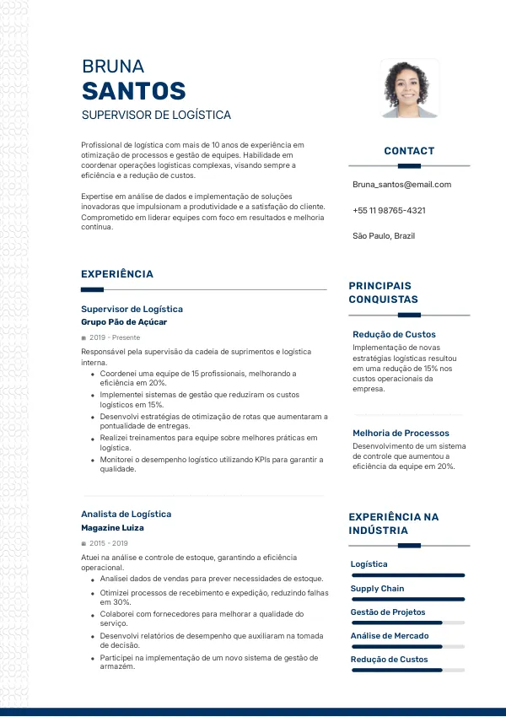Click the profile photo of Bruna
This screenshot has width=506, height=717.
point(409,89)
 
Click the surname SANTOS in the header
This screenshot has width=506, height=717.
point(133,91)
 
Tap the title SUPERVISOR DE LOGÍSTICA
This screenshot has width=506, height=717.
point(156,115)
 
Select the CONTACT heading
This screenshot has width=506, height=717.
point(409,151)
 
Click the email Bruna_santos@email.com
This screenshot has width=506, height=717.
point(401,185)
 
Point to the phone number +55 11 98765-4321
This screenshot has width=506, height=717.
point(389,210)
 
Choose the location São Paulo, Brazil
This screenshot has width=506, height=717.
point(384,236)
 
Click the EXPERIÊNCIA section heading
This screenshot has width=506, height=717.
point(117,274)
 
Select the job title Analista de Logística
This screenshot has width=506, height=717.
point(126,514)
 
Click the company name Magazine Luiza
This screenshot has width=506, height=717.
point(112,528)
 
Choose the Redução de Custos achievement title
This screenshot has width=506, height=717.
point(394,335)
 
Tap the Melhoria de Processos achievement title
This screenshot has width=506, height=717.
point(401,434)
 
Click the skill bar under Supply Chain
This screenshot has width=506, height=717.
point(407,599)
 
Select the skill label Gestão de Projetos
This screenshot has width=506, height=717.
point(388,612)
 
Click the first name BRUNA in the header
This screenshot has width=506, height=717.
point(113,67)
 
